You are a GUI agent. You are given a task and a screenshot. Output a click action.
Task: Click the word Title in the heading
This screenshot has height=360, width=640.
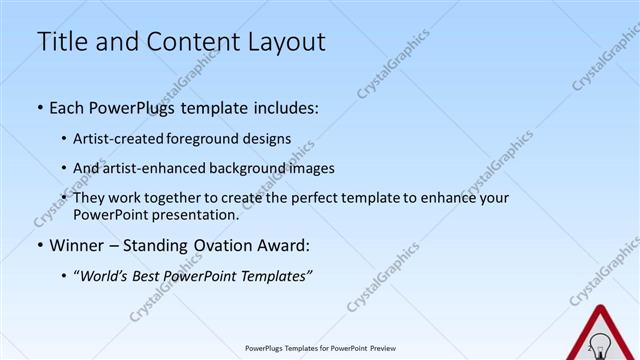[61, 42]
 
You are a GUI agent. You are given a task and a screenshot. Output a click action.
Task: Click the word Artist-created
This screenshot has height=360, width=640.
[115, 139]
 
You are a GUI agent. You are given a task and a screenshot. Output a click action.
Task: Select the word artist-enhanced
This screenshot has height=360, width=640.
[145, 169]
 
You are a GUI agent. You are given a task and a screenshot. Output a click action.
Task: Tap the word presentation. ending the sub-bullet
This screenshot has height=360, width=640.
[202, 215]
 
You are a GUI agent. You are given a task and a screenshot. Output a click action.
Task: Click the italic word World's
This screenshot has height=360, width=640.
[105, 275]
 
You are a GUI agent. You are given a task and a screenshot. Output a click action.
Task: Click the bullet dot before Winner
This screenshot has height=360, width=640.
[40, 246]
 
